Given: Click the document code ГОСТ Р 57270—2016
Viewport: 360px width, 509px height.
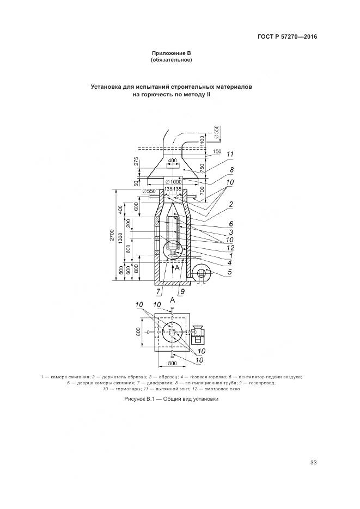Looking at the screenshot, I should (x=287, y=37).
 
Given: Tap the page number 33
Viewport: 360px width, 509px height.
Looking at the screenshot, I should (x=313, y=463).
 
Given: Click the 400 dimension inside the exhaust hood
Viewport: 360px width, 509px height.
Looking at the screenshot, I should (x=172, y=161).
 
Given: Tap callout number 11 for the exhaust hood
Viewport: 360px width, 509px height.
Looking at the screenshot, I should (x=230, y=155).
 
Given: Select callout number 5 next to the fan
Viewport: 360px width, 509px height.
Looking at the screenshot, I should (x=230, y=272).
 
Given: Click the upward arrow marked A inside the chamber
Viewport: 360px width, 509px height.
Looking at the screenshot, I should (x=173, y=268).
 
